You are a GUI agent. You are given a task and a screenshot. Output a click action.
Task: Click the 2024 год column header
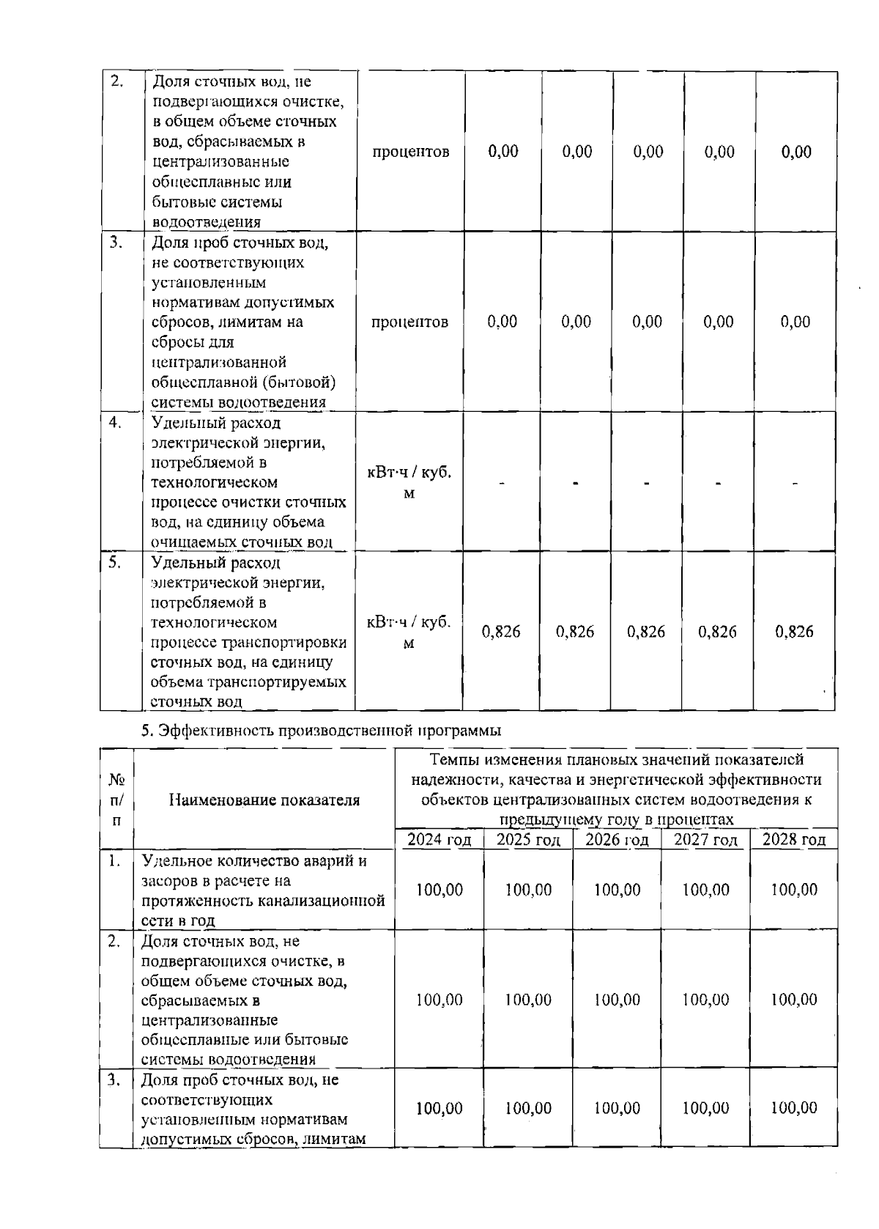click(439, 840)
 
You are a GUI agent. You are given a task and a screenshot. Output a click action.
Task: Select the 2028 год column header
click(794, 840)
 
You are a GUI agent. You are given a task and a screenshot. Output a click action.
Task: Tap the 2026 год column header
click(617, 840)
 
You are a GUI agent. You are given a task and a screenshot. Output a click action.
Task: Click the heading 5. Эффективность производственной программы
click(321, 731)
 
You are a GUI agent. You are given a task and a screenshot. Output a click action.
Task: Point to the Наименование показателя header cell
click(264, 800)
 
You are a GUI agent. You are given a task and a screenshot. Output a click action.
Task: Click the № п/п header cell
click(116, 800)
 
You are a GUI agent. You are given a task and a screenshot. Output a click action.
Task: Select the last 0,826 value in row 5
click(794, 632)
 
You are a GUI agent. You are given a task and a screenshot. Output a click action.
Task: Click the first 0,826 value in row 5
click(502, 632)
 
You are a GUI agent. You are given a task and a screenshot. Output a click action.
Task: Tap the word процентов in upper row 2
click(410, 152)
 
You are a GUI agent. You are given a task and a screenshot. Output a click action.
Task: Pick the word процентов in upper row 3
click(410, 322)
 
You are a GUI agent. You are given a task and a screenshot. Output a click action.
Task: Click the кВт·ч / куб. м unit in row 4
click(409, 483)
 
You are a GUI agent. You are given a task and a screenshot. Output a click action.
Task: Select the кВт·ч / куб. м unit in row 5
click(409, 632)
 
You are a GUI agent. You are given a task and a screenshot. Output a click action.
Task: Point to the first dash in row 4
click(502, 484)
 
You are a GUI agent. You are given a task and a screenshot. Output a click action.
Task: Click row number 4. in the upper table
click(115, 422)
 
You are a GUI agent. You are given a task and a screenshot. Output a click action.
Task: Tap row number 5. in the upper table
click(115, 562)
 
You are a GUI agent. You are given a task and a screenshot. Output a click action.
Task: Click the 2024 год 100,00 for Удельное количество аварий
click(439, 890)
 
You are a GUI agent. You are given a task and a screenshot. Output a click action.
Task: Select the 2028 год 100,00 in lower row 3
click(794, 1108)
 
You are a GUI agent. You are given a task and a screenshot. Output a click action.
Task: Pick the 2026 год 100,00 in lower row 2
click(617, 1000)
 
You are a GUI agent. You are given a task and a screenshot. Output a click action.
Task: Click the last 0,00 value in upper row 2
click(796, 152)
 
